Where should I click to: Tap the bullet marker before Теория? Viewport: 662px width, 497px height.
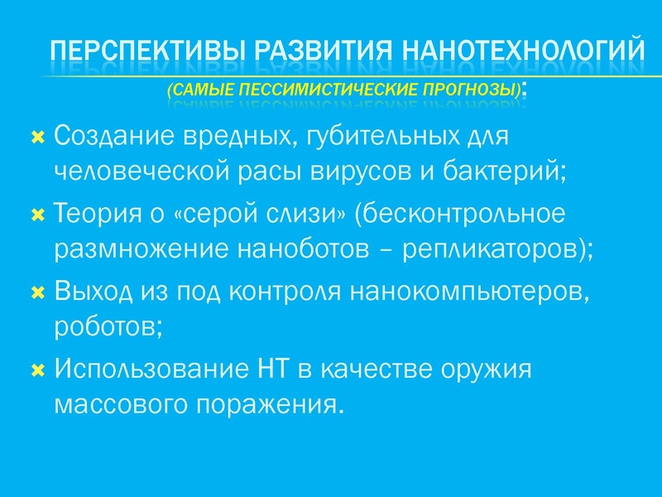click(37, 215)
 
